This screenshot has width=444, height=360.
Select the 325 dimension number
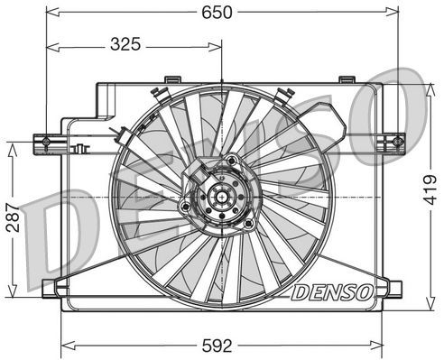click(132, 42)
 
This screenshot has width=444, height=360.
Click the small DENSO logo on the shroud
click(331, 292)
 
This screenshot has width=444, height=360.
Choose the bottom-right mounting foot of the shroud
click(391, 290)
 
